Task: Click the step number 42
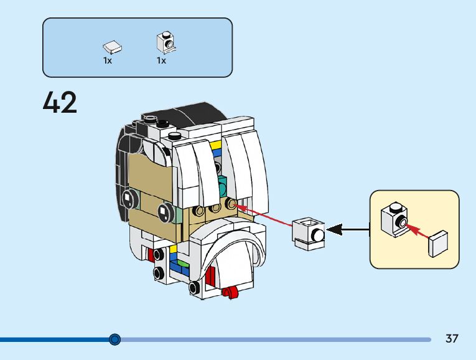click(x=60, y=103)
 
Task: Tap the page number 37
click(x=452, y=339)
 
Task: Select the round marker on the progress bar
click(x=114, y=339)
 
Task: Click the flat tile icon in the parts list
click(x=112, y=47)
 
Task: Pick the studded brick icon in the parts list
click(x=166, y=42)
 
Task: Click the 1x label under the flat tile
click(x=108, y=61)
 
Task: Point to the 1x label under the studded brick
click(x=161, y=61)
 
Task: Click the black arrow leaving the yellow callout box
click(x=348, y=230)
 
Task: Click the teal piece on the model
click(x=223, y=186)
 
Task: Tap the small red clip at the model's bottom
click(x=230, y=290)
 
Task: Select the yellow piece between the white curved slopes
click(x=215, y=146)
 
